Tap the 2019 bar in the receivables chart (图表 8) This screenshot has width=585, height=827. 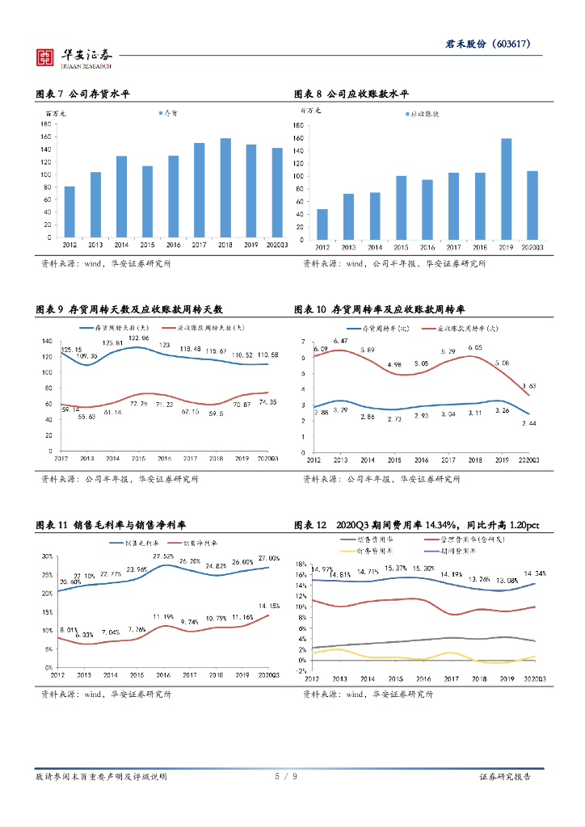(507, 189)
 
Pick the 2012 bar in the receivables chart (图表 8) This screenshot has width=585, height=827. (322, 224)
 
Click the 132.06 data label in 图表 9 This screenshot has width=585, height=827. (137, 338)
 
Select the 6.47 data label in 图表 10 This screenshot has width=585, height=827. (339, 341)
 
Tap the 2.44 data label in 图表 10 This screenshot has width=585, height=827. (527, 423)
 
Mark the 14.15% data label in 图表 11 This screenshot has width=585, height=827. (269, 605)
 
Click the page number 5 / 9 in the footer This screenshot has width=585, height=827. (286, 777)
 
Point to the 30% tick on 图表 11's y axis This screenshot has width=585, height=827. (47, 556)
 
